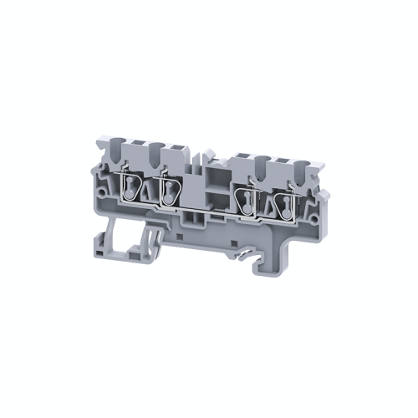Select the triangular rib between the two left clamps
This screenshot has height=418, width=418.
pyautogui.click(x=150, y=194)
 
